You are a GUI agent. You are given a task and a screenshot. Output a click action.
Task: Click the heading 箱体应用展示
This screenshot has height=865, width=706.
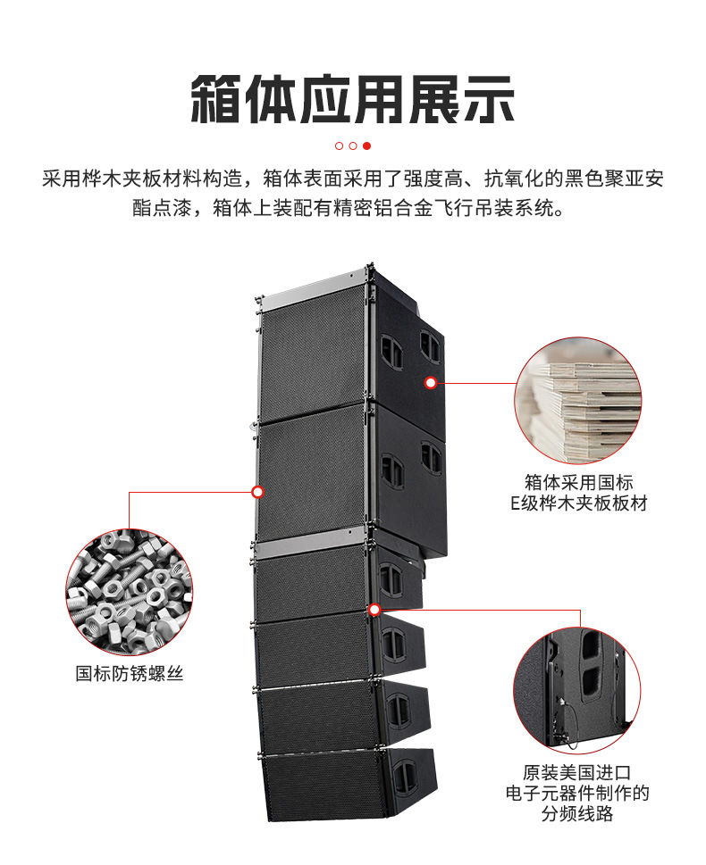(353, 99)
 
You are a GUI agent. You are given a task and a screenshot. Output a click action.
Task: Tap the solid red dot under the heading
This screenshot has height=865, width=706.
(366, 146)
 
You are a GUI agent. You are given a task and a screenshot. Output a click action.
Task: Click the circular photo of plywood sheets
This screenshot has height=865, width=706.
(577, 401)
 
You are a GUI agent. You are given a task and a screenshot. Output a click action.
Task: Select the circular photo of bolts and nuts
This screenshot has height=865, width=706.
(130, 592)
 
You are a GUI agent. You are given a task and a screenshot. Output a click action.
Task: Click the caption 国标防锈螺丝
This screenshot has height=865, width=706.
(130, 674)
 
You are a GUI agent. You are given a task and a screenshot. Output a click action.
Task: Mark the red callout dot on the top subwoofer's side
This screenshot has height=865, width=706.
(430, 383)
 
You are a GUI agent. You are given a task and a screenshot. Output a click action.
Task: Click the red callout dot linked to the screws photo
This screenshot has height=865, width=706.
(257, 491)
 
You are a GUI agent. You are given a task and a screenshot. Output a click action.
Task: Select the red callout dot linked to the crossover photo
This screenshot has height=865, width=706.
(374, 610)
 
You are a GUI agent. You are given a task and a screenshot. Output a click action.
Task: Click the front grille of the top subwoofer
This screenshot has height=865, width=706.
(313, 353)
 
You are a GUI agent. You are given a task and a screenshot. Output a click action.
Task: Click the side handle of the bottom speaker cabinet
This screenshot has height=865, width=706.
(404, 777)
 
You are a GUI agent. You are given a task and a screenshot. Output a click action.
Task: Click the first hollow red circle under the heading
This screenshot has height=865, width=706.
(340, 146)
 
